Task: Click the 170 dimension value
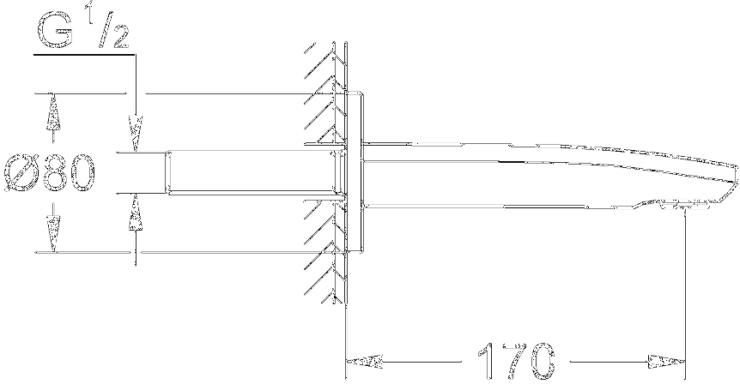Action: click(515, 361)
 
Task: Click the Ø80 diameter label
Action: click(50, 172)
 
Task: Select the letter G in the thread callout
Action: click(55, 31)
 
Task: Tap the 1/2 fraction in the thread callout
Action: click(112, 30)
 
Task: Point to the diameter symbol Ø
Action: click(21, 173)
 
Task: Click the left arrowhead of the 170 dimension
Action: click(364, 362)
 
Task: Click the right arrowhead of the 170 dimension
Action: click(666, 362)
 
